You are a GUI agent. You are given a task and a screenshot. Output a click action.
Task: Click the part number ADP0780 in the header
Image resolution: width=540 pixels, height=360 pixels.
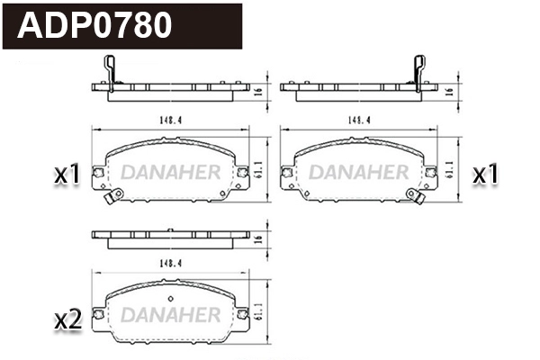95,25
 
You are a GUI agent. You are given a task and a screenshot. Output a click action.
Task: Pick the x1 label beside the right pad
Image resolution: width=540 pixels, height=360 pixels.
486,175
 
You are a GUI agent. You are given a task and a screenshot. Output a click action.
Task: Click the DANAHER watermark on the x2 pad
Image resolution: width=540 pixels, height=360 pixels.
170,315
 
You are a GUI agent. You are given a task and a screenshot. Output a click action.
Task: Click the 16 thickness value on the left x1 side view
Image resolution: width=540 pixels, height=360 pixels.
258,91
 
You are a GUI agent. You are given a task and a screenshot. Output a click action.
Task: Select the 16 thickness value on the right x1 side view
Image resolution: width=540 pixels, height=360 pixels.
448,91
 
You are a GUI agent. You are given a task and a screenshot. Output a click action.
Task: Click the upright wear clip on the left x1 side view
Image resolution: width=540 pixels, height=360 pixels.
110,71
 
